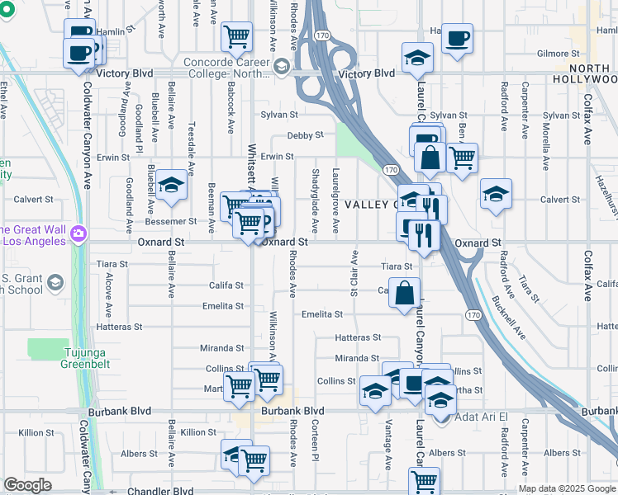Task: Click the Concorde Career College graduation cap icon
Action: (x=283, y=66)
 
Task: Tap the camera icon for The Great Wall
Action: (x=78, y=234)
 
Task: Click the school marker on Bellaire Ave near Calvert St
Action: (x=171, y=185)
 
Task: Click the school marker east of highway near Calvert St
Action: (x=496, y=194)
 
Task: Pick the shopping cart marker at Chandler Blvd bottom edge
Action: (x=424, y=480)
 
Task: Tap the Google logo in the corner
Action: (x=27, y=485)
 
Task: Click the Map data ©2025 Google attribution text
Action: (x=567, y=488)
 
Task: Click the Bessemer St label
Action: (x=170, y=221)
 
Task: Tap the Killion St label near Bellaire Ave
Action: (x=198, y=432)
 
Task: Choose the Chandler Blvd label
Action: (x=160, y=491)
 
